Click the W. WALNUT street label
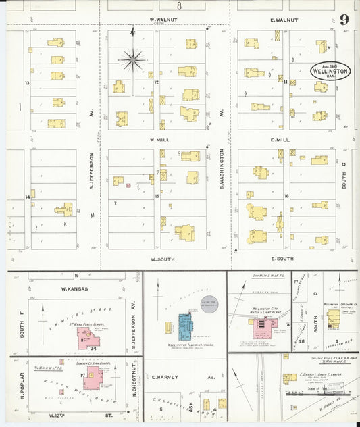(x=163, y=20)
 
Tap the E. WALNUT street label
(x=284, y=20)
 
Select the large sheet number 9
(x=344, y=20)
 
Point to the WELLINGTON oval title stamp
(x=330, y=71)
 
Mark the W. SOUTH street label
(x=163, y=259)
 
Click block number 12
(x=155, y=82)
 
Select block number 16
(x=286, y=196)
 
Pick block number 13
(x=27, y=83)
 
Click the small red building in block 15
(x=128, y=184)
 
